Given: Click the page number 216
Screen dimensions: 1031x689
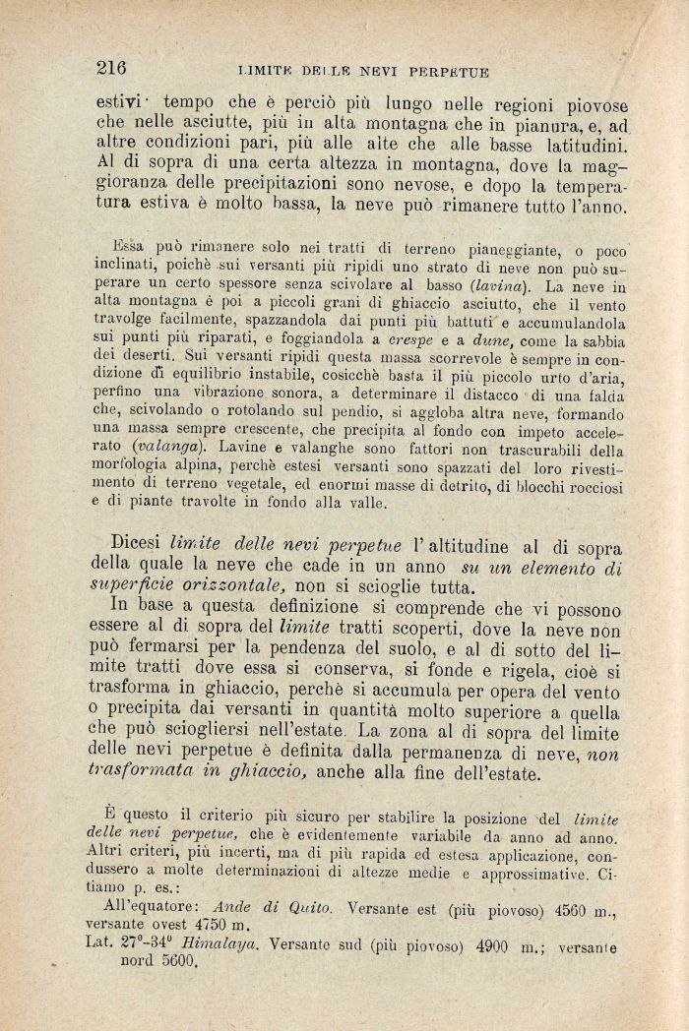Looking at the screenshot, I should (x=111, y=67).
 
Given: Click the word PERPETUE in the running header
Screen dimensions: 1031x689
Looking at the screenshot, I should (x=448, y=70).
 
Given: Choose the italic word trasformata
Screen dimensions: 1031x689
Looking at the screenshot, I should (x=158, y=774).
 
